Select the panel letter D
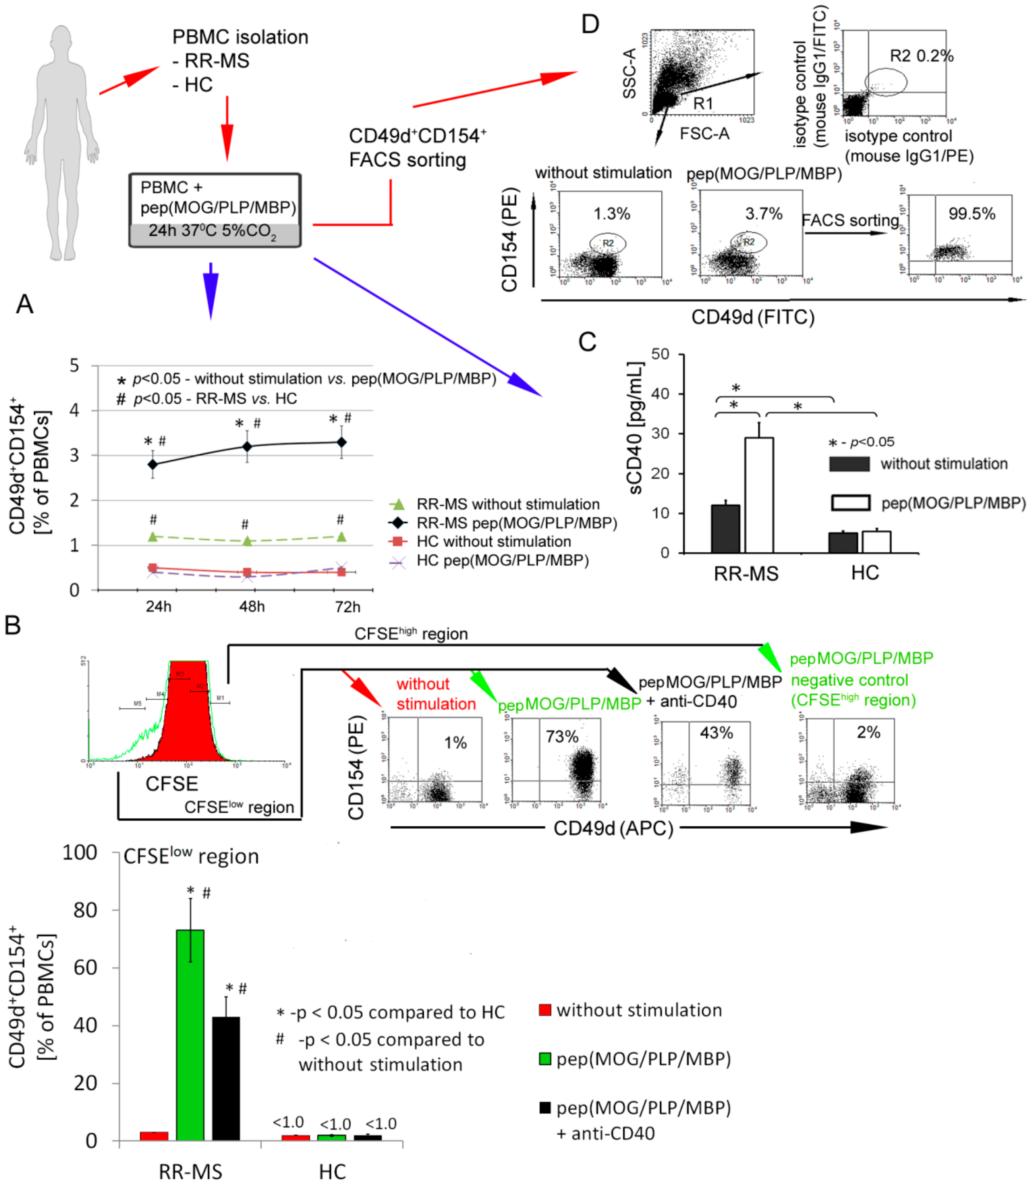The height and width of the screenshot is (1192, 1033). (x=590, y=24)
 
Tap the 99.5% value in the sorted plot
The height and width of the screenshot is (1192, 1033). (x=972, y=214)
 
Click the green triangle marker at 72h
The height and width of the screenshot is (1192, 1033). (x=341, y=537)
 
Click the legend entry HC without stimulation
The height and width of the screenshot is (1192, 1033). (x=493, y=542)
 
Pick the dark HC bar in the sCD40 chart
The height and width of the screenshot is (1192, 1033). (x=843, y=543)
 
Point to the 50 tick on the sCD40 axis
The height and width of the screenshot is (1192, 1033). (x=661, y=354)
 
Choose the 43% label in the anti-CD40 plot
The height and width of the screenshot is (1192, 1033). (x=716, y=733)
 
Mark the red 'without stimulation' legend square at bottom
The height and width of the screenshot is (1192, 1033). (x=545, y=1010)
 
